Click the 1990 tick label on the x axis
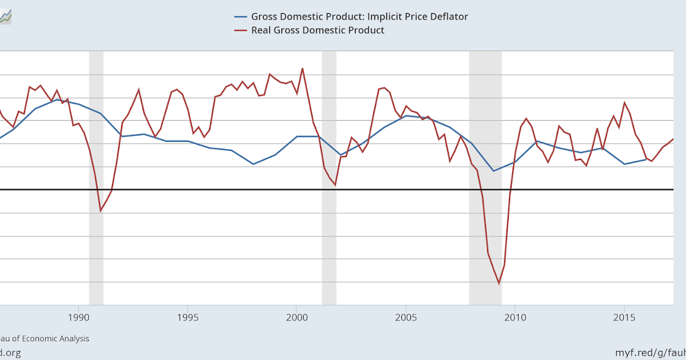(79, 317)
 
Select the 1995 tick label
(188, 317)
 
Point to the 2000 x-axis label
(297, 317)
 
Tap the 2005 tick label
(406, 317)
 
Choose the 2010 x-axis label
(515, 317)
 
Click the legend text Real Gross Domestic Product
(318, 30)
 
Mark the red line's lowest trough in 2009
(498, 283)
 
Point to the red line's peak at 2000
(302, 69)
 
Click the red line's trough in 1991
(101, 211)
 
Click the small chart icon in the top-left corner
(5, 17)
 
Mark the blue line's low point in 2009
(493, 171)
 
